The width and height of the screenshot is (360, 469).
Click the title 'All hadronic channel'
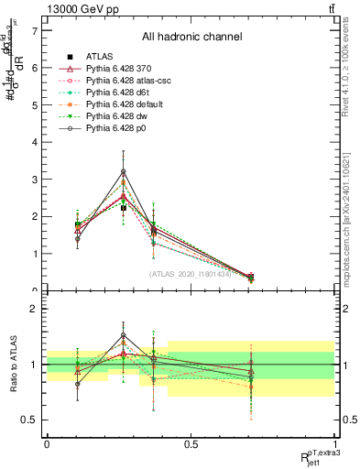pos(191,38)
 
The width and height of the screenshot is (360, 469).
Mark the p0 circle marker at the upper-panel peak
pos(123,171)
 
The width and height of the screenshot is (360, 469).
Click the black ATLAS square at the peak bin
pos(123,208)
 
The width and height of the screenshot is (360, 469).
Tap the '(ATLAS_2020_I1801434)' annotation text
pos(192,273)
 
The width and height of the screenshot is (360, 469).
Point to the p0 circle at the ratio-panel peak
pos(123,335)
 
